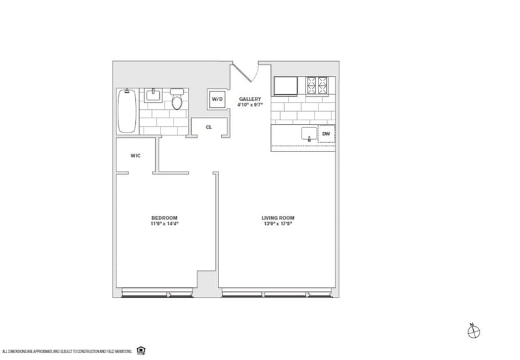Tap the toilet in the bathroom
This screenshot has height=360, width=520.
(x=177, y=101)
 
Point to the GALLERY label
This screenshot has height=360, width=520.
(x=250, y=98)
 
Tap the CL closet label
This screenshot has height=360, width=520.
(x=209, y=127)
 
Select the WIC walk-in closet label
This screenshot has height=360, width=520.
(x=136, y=155)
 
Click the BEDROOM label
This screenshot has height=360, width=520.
(x=164, y=217)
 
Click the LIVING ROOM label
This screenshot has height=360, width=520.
(x=276, y=217)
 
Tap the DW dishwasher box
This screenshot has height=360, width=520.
(x=326, y=135)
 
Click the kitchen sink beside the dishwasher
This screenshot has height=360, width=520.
(x=307, y=135)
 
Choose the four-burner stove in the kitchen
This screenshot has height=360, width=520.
(x=318, y=84)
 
